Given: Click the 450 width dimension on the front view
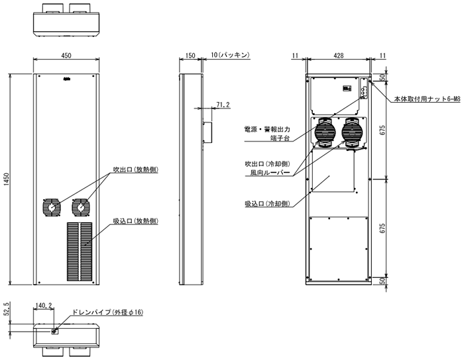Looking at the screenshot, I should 66,56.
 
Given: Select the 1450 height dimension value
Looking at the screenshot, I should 7,179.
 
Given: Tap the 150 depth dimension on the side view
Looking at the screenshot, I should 190,56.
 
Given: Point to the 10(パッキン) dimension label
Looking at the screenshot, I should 229,56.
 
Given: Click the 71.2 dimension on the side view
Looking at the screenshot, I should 223,105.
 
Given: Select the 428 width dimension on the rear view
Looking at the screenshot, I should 339,56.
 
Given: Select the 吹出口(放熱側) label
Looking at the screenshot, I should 135,170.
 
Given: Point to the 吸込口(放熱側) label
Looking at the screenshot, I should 135,220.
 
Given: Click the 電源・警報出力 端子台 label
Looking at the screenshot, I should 268,135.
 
